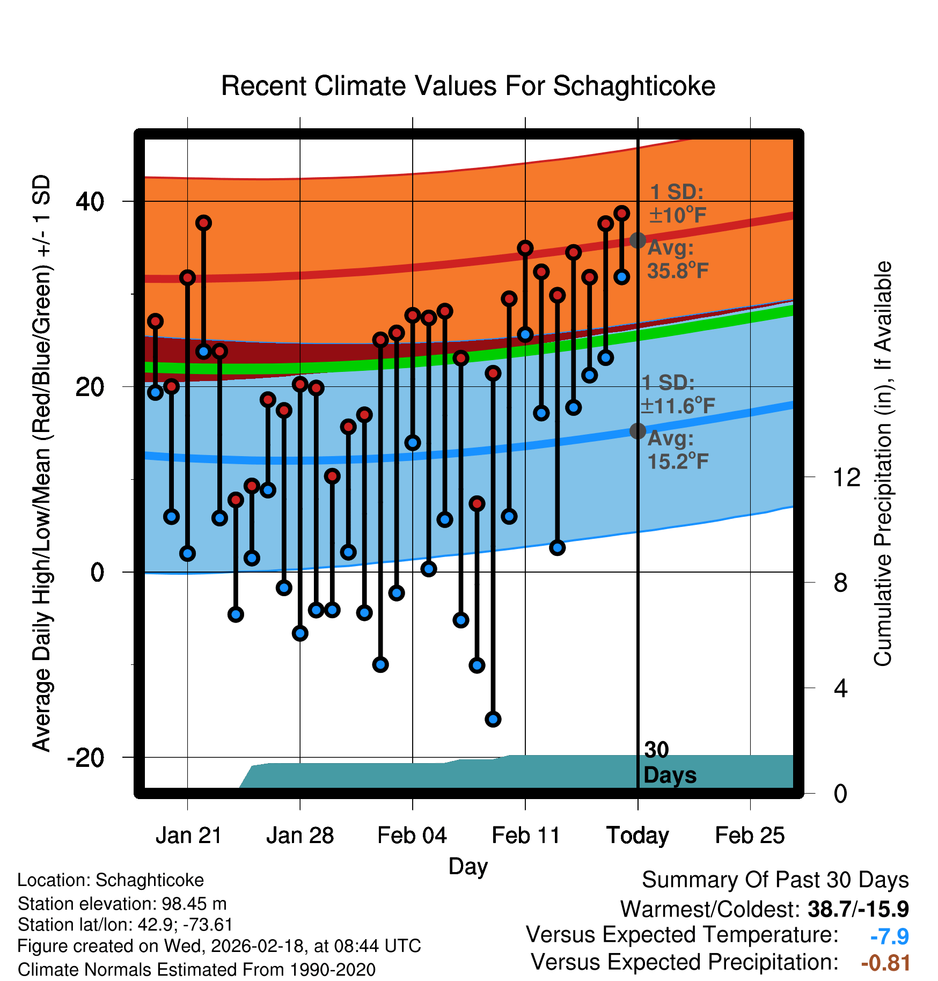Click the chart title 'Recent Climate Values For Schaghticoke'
click(x=468, y=86)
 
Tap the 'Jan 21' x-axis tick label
click(x=188, y=836)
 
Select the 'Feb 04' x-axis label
click(x=412, y=836)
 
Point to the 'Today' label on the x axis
click(x=637, y=836)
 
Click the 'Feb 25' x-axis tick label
click(x=750, y=836)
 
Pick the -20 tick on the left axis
click(x=86, y=758)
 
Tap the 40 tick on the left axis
click(x=90, y=202)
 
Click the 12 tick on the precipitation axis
click(x=846, y=477)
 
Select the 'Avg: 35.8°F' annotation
click(x=678, y=260)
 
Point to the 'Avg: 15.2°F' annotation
click(x=678, y=450)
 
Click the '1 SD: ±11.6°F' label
click(x=678, y=394)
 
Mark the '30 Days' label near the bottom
click(x=669, y=763)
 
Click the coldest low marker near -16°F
click(x=493, y=719)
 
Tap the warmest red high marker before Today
click(x=621, y=214)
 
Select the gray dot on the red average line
click(x=637, y=240)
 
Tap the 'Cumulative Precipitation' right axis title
click(x=883, y=464)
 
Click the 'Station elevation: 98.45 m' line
click(x=122, y=904)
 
